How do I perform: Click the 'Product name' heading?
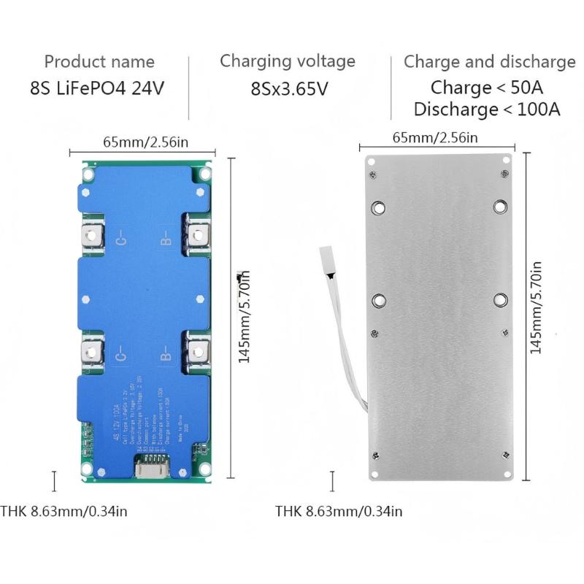tap(99, 61)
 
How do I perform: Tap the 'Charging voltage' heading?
tap(288, 61)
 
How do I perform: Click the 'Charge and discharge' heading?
tap(489, 61)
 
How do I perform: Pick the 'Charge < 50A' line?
tap(486, 88)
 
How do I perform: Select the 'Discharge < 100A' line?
tap(486, 109)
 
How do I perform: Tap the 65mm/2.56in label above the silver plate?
tap(435, 137)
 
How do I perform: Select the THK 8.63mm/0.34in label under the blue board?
tap(64, 511)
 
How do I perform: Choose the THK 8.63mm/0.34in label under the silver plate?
tap(339, 511)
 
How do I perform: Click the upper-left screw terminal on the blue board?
tap(92, 234)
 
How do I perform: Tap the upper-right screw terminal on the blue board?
tap(196, 234)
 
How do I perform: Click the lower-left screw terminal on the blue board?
tap(92, 353)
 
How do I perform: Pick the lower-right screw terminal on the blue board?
tap(196, 353)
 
